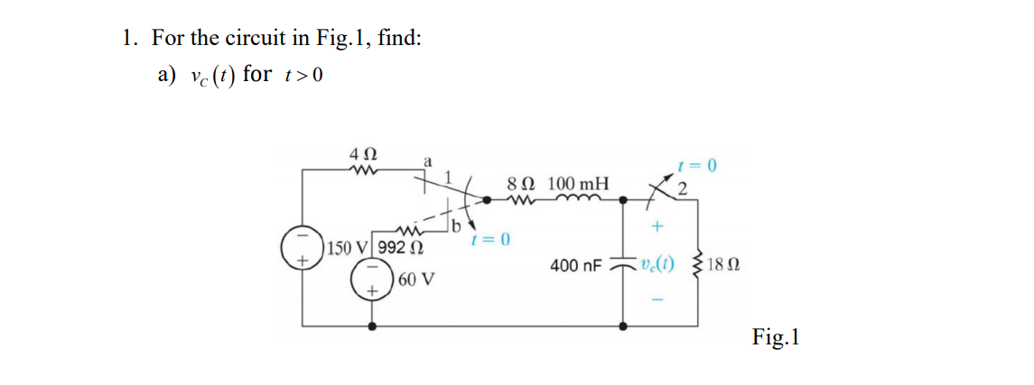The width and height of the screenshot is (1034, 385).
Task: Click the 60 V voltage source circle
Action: pyautogui.click(x=370, y=279)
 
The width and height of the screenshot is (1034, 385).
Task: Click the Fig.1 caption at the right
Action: pyautogui.click(x=776, y=337)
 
